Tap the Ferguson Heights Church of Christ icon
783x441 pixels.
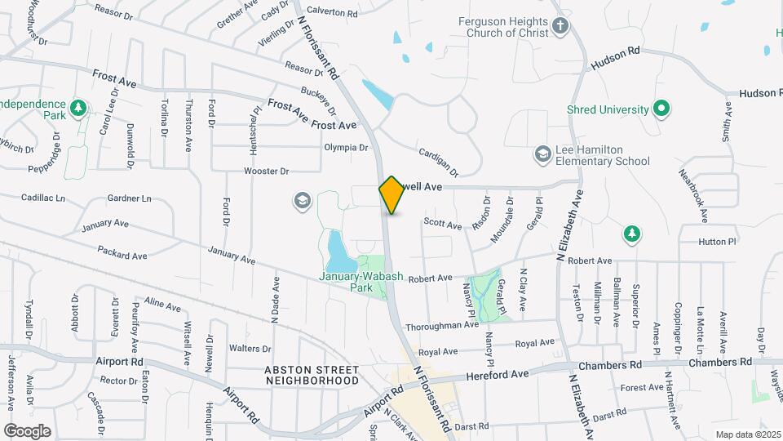[560, 25]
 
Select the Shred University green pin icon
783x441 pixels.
[662, 109]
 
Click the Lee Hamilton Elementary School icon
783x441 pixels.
[542, 154]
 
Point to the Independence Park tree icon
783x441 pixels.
[78, 107]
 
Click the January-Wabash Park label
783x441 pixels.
[351, 282]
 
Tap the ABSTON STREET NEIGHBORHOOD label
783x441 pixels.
[312, 375]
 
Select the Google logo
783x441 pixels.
[28, 430]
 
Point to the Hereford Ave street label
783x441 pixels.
[498, 374]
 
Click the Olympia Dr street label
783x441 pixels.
[347, 148]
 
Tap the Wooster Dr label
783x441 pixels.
[267, 171]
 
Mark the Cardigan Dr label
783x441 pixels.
[439, 162]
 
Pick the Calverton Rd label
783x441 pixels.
[333, 14]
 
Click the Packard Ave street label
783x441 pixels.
[122, 254]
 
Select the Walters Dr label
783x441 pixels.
[250, 349]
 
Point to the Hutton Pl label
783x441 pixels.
[717, 242]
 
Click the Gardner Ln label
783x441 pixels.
[129, 198]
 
